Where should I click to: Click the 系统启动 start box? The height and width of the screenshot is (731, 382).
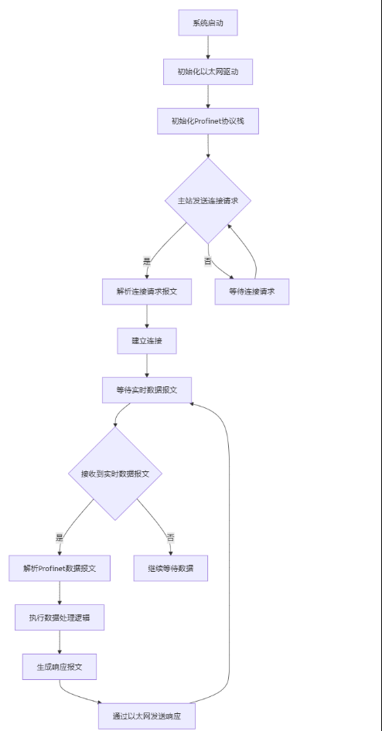pyautogui.click(x=208, y=22)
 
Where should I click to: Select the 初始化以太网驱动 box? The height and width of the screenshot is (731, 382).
pyautogui.click(x=208, y=72)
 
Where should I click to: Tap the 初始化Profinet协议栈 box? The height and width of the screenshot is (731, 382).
pyautogui.click(x=208, y=121)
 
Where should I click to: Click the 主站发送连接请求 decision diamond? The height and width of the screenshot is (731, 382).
pyautogui.click(x=208, y=201)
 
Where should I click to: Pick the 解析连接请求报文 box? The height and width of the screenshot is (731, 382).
pyautogui.click(x=147, y=292)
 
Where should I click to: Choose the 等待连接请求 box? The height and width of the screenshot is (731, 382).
pyautogui.click(x=252, y=292)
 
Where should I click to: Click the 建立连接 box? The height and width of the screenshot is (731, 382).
pyautogui.click(x=147, y=342)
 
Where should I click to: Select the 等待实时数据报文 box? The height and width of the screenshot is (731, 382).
pyautogui.click(x=147, y=390)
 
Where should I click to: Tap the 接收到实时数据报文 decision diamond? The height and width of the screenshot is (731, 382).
pyautogui.click(x=115, y=474)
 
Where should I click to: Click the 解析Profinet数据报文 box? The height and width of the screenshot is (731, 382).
pyautogui.click(x=60, y=568)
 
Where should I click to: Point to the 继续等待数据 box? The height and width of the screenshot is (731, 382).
pyautogui.click(x=171, y=568)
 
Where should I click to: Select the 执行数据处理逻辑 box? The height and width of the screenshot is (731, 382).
pyautogui.click(x=60, y=617)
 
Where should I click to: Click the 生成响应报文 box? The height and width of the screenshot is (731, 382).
pyautogui.click(x=60, y=667)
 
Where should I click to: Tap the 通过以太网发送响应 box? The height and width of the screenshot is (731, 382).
pyautogui.click(x=147, y=716)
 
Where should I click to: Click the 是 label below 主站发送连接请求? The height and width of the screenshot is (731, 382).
pyautogui.click(x=147, y=261)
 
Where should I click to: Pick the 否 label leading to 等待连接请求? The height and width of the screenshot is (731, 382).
pyautogui.click(x=208, y=261)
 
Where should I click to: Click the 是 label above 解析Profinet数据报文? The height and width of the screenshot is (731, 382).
pyautogui.click(x=60, y=538)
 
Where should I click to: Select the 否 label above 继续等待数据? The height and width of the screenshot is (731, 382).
pyautogui.click(x=171, y=538)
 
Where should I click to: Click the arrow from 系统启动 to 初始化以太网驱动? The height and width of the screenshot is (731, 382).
pyautogui.click(x=208, y=47)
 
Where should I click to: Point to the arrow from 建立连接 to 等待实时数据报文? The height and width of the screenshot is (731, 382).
pyautogui.click(x=147, y=365)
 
